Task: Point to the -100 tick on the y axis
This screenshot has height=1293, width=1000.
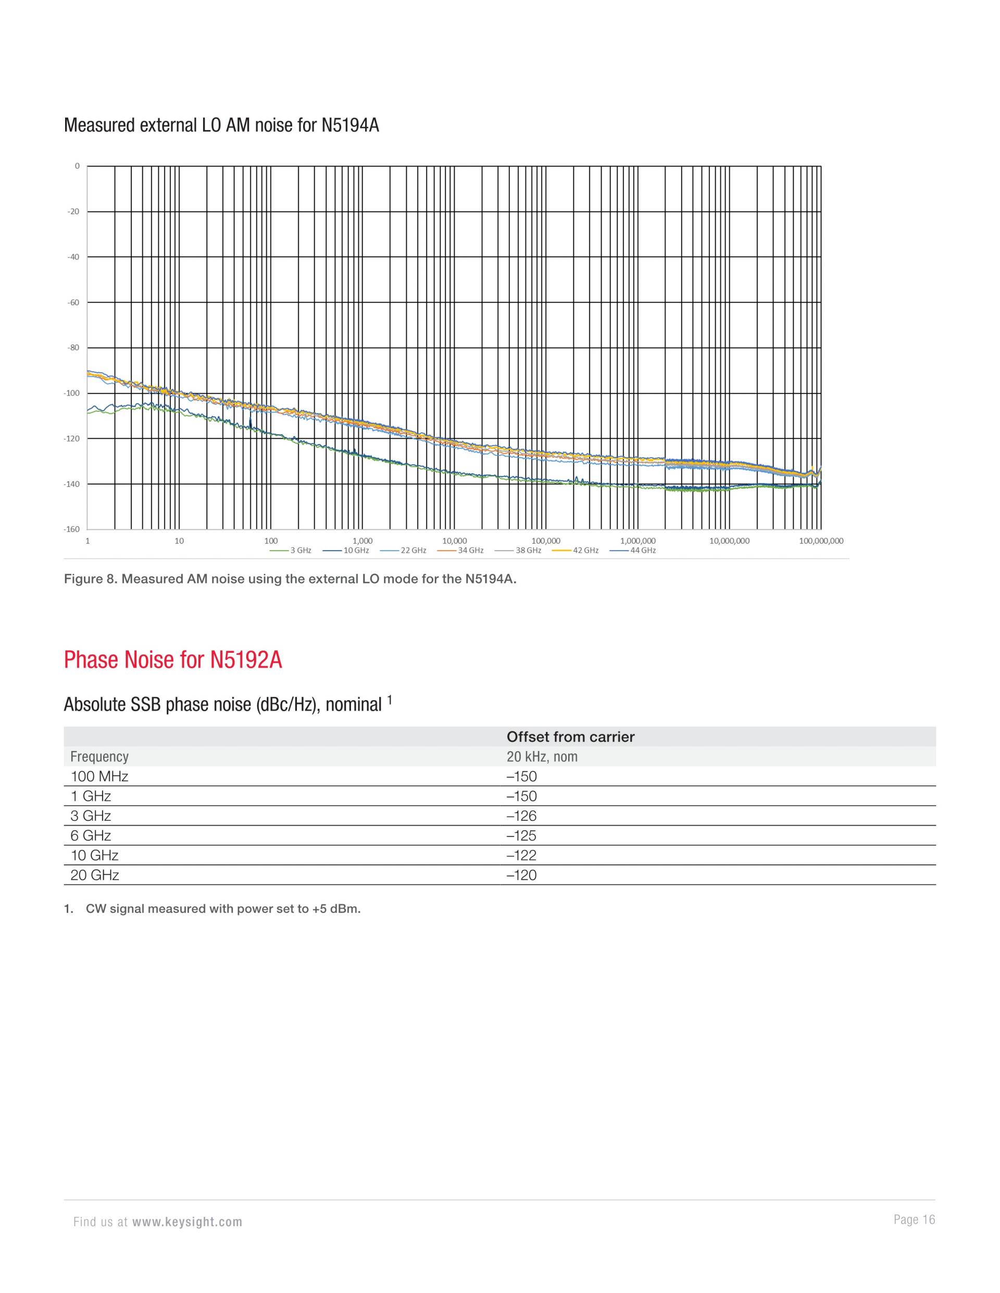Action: coord(72,393)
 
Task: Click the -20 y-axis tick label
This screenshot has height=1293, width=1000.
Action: coord(73,211)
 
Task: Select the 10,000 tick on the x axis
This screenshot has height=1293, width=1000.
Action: coord(454,540)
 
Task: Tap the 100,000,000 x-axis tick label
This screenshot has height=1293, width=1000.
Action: coord(820,540)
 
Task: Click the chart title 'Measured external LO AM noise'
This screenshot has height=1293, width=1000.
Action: coord(221,125)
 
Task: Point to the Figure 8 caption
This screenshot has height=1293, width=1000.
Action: coord(290,579)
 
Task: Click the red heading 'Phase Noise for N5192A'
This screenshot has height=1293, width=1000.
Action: coord(172,660)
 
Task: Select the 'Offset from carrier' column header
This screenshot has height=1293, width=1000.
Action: coord(570,737)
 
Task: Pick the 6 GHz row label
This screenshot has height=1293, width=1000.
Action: coord(91,835)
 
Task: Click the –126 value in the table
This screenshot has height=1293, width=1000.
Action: coord(521,816)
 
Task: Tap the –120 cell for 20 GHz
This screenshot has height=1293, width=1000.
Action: coord(521,875)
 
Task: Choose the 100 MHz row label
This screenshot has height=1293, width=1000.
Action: coord(99,776)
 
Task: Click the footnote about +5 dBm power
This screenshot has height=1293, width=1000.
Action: coord(223,909)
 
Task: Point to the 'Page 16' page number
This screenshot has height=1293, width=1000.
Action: coord(914,1220)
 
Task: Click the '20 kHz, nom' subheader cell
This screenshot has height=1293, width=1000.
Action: coord(542,757)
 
